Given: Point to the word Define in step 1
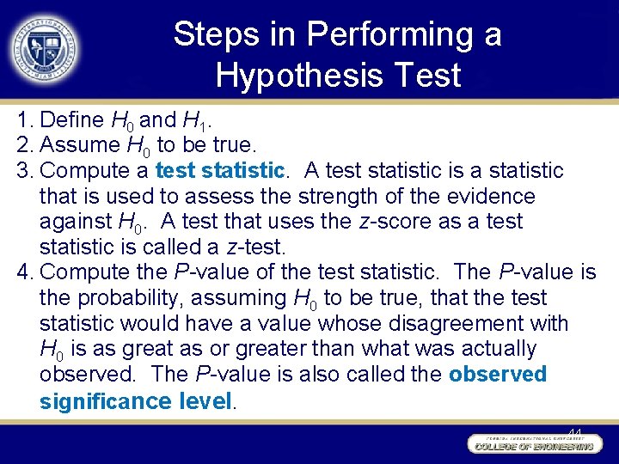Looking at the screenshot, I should [72, 119].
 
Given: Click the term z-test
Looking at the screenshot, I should [255, 247].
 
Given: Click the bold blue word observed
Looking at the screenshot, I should [498, 375].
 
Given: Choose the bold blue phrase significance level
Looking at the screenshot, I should [136, 400].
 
